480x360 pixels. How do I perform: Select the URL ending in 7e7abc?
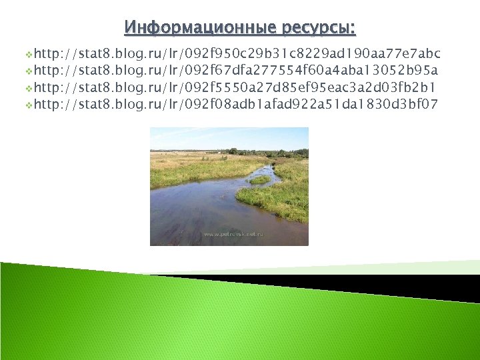[237, 53]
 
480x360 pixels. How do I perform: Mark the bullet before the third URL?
[28, 88]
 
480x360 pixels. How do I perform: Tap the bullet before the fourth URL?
[28, 105]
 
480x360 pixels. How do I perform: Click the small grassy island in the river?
[260, 179]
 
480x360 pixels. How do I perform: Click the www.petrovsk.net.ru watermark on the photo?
[233, 235]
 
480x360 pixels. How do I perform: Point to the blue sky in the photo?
[227, 138]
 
